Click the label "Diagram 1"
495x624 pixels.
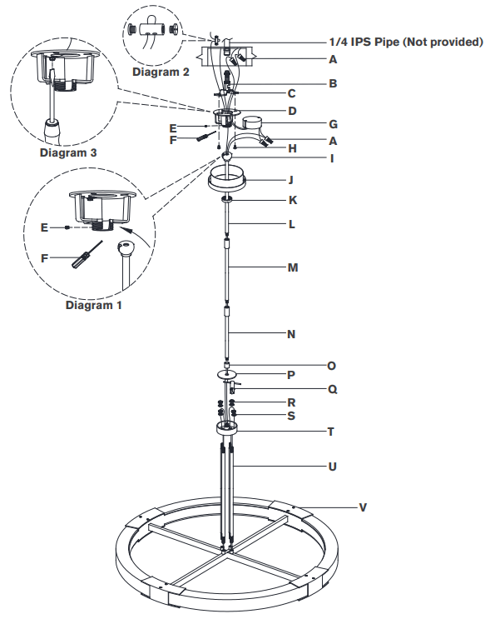pos(93,305)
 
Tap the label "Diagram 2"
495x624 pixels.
pos(161,72)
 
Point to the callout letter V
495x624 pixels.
pos(363,507)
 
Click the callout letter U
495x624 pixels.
pos(332,467)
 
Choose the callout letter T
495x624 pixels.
pos(332,432)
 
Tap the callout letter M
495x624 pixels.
pos(291,267)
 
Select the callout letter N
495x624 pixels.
pos(290,335)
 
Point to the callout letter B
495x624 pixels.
pos(332,83)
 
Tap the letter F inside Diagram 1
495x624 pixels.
pos(47,259)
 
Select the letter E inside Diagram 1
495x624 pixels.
pos(47,226)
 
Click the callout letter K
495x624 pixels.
pos(291,201)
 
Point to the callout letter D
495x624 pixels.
pos(291,110)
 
